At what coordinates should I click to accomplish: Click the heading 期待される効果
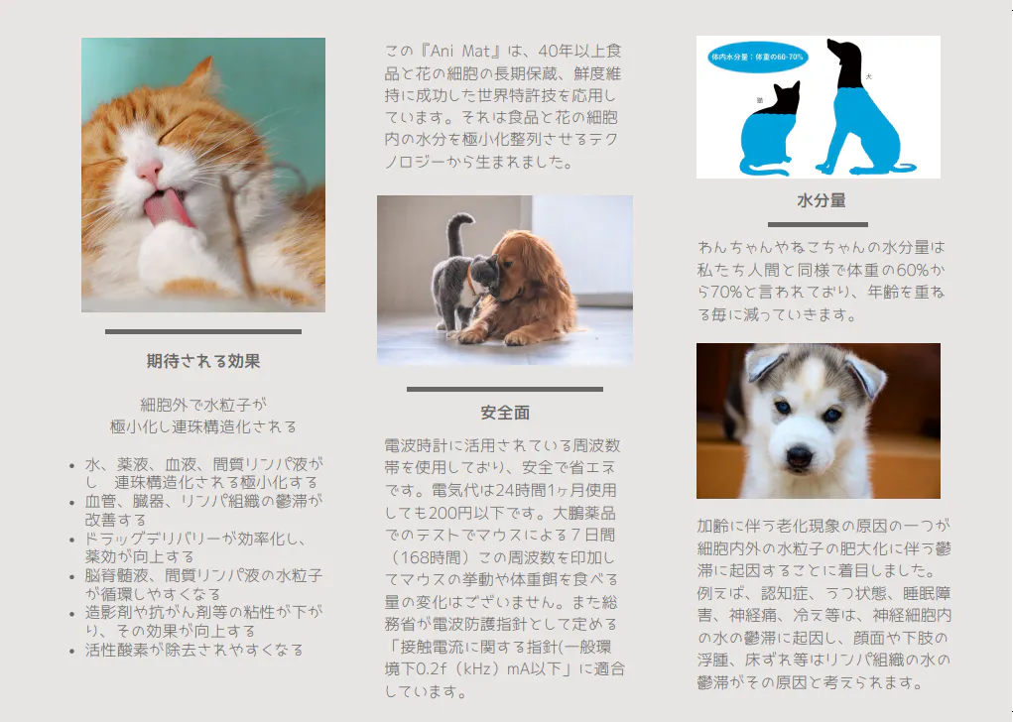point(202,361)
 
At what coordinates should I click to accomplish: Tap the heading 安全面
point(505,413)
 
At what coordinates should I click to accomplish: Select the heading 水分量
point(822,201)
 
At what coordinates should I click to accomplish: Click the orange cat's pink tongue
point(166,210)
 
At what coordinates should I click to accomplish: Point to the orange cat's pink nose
point(150,172)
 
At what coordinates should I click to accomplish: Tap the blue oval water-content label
point(757,57)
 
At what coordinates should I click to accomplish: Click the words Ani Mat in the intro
point(460,51)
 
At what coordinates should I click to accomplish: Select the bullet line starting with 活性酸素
point(193,650)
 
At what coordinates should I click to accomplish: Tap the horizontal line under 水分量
point(818,225)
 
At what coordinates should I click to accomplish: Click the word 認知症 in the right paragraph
point(784,593)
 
